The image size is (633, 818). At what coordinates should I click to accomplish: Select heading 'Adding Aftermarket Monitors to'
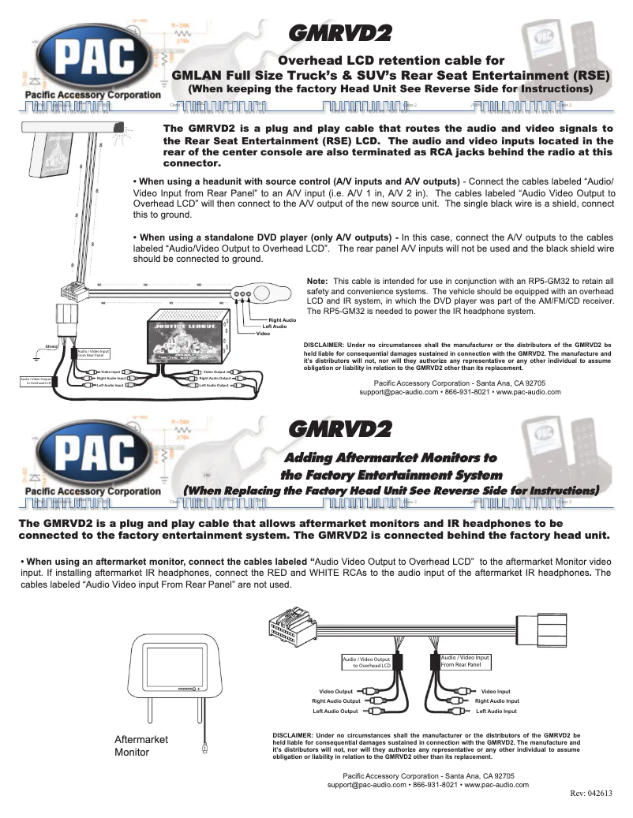click(390, 458)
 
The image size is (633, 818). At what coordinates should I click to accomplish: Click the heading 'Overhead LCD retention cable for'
click(392, 60)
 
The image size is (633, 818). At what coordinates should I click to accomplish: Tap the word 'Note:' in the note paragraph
click(316, 281)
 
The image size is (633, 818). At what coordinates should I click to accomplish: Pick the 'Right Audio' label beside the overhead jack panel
click(282, 319)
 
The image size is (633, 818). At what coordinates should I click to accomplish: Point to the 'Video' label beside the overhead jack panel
click(264, 334)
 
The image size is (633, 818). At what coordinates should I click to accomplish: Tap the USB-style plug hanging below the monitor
click(205, 745)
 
